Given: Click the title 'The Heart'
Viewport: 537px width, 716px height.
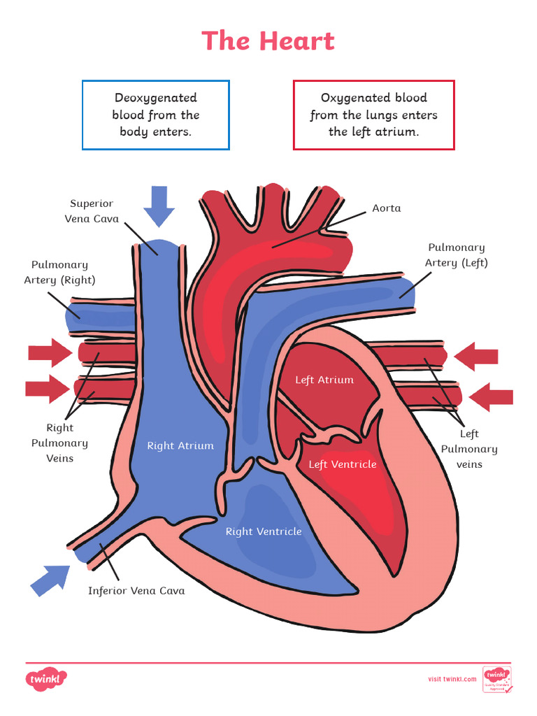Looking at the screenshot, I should point(268,41).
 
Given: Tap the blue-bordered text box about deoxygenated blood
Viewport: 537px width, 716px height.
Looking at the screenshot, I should point(156,115).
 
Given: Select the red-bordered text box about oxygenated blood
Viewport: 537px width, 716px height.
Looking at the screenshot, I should point(373,115).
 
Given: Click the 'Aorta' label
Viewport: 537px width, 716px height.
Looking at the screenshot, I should point(386,208).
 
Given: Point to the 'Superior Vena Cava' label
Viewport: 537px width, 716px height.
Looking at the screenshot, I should point(92,211).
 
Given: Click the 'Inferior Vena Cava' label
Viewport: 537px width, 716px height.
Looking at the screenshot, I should point(136,591).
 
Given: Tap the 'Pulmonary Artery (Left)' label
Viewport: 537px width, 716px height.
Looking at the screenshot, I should point(456,255).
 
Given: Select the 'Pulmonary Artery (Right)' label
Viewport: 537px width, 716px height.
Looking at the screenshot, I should point(59,272).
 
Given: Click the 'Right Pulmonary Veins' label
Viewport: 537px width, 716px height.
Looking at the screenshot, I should point(59,443).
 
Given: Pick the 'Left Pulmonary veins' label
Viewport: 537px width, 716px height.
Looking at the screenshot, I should point(469,449).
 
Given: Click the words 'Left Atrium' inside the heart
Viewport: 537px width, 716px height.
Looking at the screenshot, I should point(324,380).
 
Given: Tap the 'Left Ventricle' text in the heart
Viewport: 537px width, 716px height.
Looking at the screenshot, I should point(343,464).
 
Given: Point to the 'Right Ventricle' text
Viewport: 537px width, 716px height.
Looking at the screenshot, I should point(264,531).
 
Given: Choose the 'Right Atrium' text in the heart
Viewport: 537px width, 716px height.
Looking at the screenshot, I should point(180,445).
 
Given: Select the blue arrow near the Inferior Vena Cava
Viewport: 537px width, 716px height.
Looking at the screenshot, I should point(50,580).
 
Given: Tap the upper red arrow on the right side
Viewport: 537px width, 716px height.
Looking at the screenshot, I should point(476,357).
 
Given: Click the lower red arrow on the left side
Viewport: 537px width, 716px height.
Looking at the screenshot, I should point(48,389).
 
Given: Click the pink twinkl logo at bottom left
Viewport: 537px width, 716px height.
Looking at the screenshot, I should point(46,678).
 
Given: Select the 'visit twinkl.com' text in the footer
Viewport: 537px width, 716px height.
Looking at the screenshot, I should point(452,679).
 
